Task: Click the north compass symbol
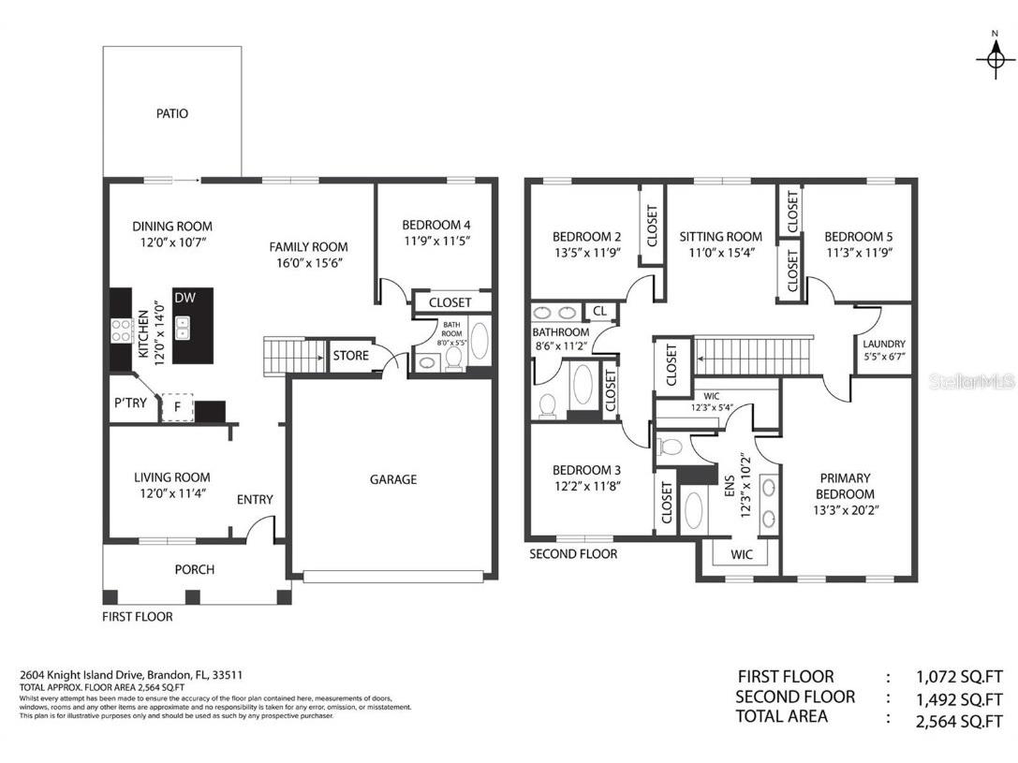click(x=995, y=58)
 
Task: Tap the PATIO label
click(x=171, y=113)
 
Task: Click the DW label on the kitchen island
click(x=184, y=298)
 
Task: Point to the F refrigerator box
click(x=177, y=407)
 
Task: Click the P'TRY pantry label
click(x=130, y=404)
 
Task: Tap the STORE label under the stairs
click(x=350, y=356)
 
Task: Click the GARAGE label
click(x=392, y=479)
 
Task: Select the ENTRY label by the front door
click(x=255, y=500)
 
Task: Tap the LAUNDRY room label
click(x=883, y=344)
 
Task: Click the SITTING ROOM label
click(x=720, y=237)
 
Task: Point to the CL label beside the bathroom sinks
click(x=598, y=311)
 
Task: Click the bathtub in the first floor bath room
click(x=479, y=341)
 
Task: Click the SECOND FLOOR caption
click(x=573, y=553)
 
